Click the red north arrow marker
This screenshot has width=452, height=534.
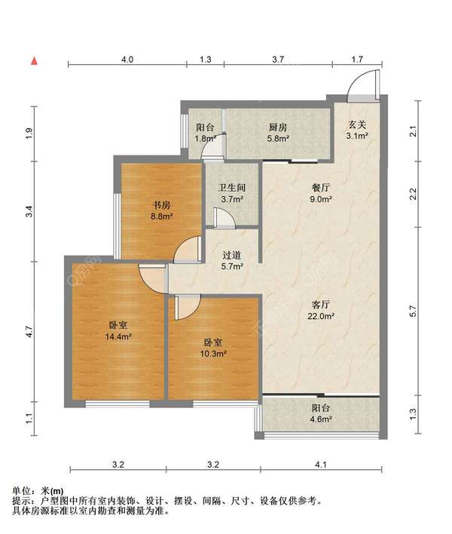coord(34,61)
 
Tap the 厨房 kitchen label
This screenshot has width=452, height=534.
coord(278,127)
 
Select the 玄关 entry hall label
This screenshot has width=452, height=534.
coord(357,125)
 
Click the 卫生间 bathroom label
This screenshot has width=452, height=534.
coord(232,188)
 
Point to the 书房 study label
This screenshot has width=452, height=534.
coord(161,205)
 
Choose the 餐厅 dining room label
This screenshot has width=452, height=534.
coord(321,188)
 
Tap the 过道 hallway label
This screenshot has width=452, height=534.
coord(232,255)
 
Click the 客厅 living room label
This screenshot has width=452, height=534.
coord(321,305)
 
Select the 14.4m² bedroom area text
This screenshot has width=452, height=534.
coord(118,337)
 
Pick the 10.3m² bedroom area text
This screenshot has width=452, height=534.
coord(213,354)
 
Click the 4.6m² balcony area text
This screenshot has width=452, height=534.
coord(321,419)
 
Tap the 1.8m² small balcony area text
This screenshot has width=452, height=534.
coord(206,139)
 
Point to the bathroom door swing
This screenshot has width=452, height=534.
coord(224,218)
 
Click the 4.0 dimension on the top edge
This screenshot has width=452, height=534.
coord(127,60)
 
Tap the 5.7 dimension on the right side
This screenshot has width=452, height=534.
coord(413,311)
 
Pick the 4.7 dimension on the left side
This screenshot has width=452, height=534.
coord(29,332)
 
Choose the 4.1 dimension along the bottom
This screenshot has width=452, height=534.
coord(321,464)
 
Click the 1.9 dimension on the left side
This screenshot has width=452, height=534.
coord(29,133)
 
